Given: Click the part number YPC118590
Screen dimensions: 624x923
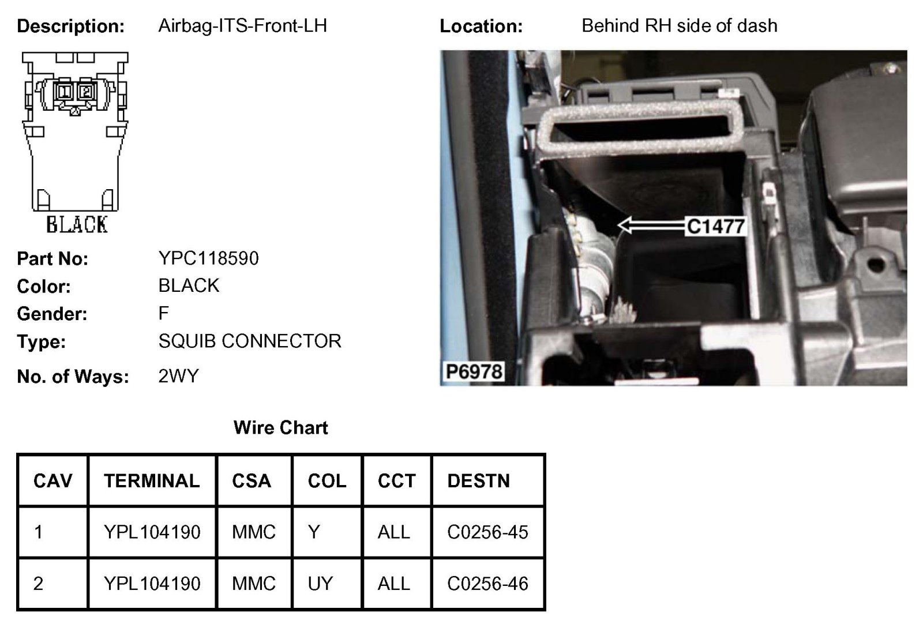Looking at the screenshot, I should click(208, 258).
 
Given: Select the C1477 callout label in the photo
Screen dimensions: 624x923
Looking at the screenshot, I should click(715, 226).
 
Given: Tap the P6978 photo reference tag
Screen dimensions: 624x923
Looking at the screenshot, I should click(474, 371).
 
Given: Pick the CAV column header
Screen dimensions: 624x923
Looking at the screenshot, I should click(53, 480).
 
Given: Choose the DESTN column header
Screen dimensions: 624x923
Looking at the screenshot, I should click(478, 480).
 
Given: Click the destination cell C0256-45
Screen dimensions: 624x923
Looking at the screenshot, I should click(487, 532).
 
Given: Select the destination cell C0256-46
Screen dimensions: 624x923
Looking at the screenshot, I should click(487, 584).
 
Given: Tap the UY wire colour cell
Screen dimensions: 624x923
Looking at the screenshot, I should click(320, 584).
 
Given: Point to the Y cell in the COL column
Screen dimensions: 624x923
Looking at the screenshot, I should click(314, 532).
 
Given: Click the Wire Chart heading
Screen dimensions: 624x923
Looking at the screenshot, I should click(280, 427).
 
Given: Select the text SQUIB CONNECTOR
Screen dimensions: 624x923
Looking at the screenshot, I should click(250, 341).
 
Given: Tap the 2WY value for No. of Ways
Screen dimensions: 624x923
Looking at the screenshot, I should click(178, 376).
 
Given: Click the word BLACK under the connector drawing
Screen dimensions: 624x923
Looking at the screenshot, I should click(77, 224).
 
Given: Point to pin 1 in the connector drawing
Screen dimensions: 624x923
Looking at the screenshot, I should click(64, 91).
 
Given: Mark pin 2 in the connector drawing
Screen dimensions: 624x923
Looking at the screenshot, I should click(85, 91).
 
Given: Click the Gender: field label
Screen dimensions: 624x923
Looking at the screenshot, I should click(52, 314).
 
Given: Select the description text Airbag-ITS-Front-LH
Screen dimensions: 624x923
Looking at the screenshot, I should click(242, 26).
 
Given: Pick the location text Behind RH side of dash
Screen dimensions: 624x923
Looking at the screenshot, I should click(679, 26).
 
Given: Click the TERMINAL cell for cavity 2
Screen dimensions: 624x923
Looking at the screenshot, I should click(152, 584).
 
